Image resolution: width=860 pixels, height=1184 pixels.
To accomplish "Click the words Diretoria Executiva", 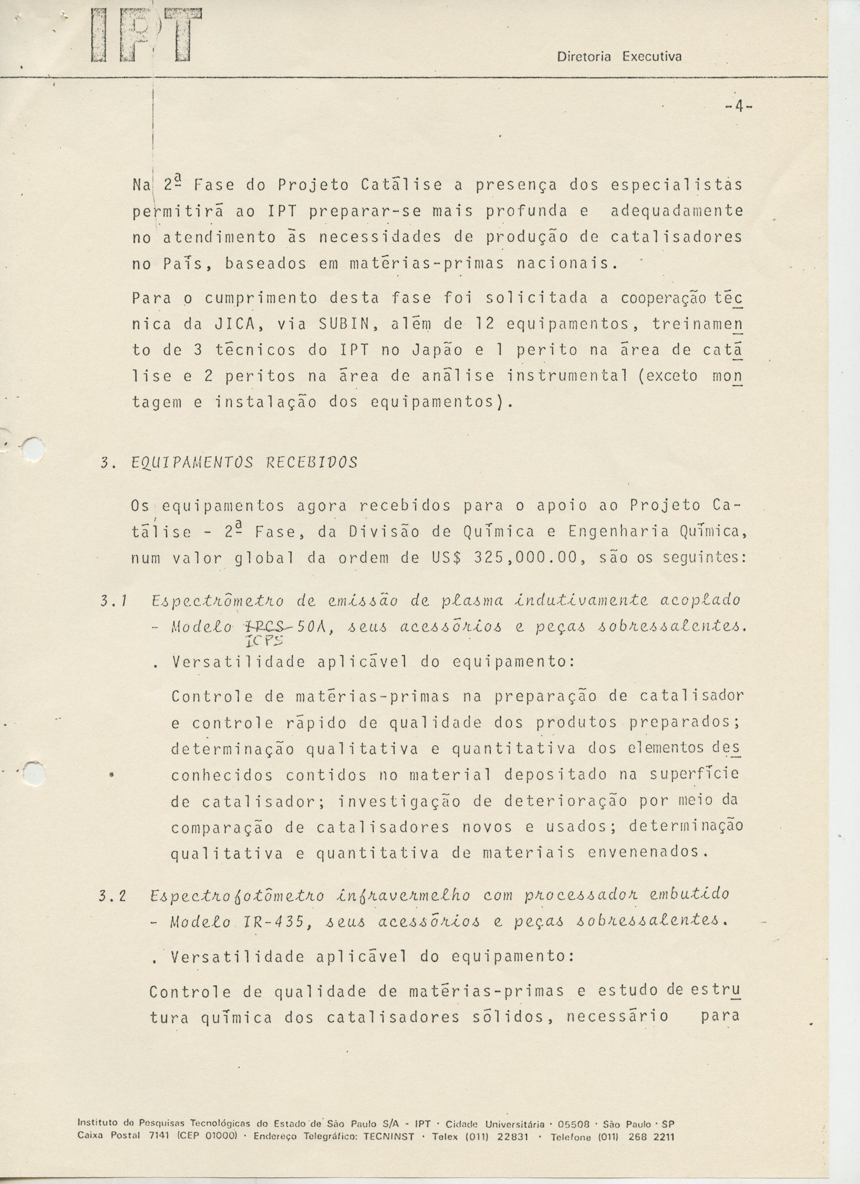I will [620, 56].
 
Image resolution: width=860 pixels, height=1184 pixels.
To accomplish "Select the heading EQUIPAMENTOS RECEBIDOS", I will [244, 462].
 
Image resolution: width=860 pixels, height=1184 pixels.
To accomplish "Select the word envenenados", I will [648, 852].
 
